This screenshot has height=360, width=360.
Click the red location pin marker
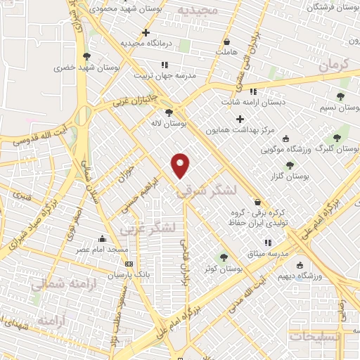pyautogui.click(x=181, y=165)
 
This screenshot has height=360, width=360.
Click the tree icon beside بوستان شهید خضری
pyautogui.click(x=86, y=56)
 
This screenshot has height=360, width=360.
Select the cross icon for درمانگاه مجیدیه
pyautogui.click(x=146, y=32)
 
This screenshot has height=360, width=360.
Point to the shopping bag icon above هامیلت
pyautogui.click(x=226, y=41)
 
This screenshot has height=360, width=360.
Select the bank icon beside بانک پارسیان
pyautogui.click(x=128, y=264)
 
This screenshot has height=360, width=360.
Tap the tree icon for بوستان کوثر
pyautogui.click(x=224, y=257)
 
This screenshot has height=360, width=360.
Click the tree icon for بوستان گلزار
pyautogui.click(x=289, y=165)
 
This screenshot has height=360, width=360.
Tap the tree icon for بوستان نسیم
pyautogui.click(x=341, y=97)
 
